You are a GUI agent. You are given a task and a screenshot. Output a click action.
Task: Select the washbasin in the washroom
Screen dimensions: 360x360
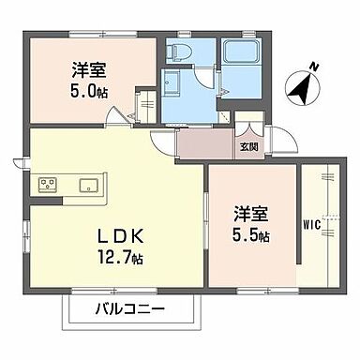click(x=173, y=85)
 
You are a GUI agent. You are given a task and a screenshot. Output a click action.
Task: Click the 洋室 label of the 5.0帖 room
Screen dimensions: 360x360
click(x=86, y=70)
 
